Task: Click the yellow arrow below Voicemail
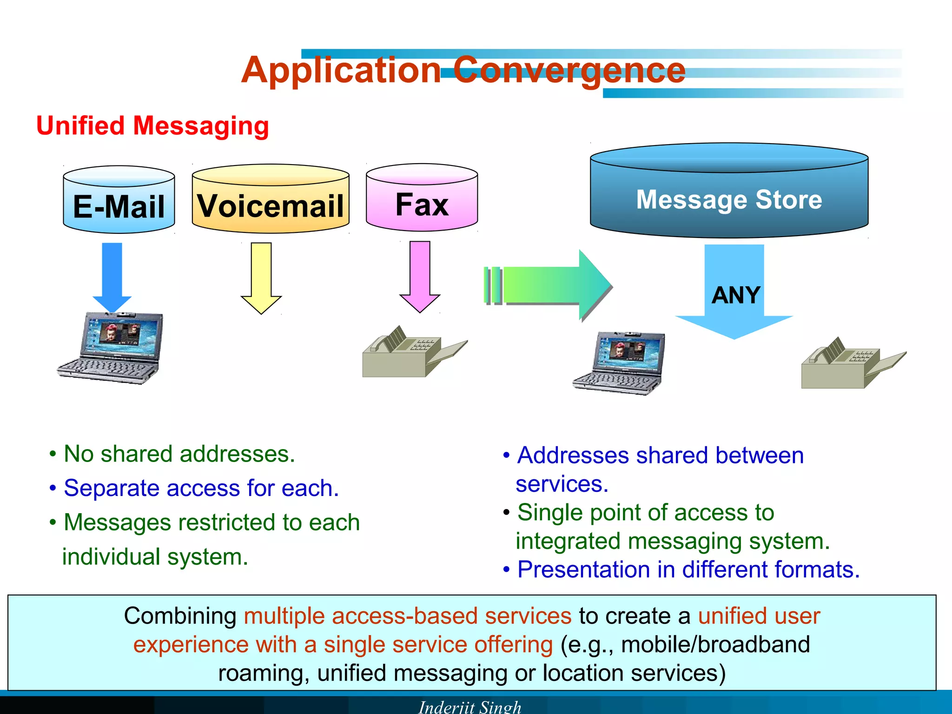click(x=261, y=277)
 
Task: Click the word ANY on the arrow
click(x=735, y=295)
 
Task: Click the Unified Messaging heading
click(x=152, y=126)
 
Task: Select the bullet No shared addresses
click(x=179, y=454)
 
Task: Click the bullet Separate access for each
click(x=201, y=488)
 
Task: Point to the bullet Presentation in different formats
click(x=688, y=569)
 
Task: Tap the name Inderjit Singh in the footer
click(x=469, y=707)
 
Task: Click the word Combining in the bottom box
click(x=180, y=616)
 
